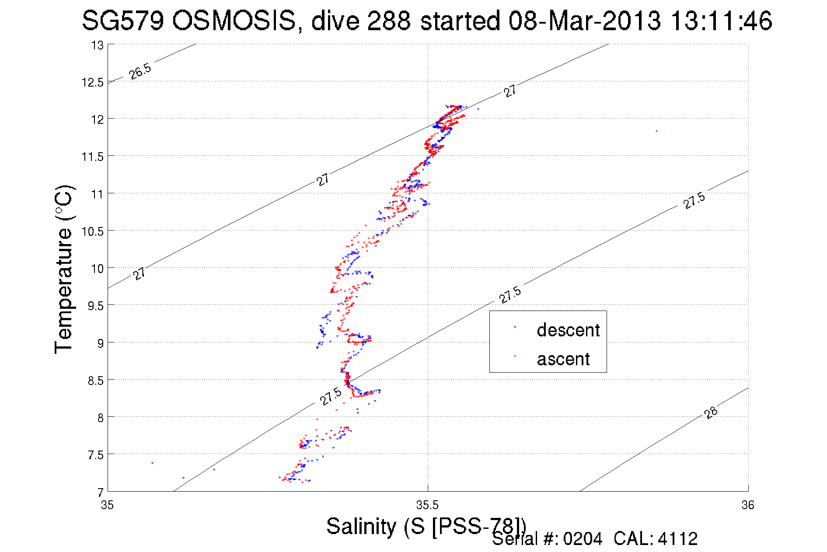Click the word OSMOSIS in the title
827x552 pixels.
point(234,21)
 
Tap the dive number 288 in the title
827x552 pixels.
point(388,21)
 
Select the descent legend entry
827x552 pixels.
point(568,330)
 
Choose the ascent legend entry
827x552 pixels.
point(563,359)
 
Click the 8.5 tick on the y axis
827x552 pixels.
point(95,381)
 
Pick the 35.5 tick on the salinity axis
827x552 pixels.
point(427,506)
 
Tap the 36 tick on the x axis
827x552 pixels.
point(748,506)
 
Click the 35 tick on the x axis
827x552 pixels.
point(107,506)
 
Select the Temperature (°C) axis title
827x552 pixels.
point(63,269)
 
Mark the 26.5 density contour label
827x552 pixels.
point(140,71)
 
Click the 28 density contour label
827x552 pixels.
point(711,412)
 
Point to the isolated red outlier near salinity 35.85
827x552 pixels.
point(656,131)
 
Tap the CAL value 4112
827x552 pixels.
point(677,539)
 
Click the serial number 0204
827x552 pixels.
point(583,539)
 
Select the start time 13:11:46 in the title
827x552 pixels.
point(721,21)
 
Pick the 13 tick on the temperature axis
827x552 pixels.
point(97,45)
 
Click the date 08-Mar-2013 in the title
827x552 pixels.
point(584,21)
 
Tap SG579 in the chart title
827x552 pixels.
point(122,21)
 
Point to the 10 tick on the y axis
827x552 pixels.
point(97,269)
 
